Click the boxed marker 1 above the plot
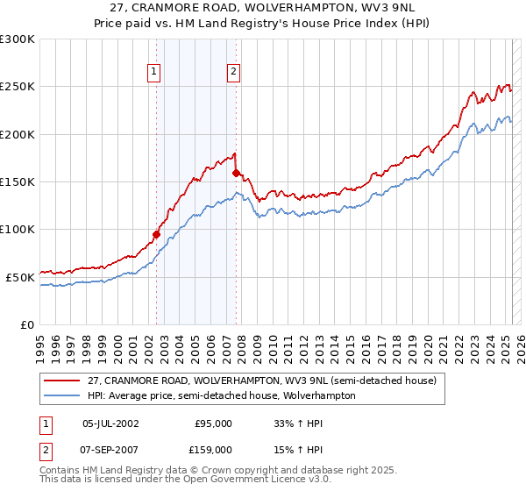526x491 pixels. pos(154,73)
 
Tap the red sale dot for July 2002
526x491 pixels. pos(156,234)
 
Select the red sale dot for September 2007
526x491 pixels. pos(236,173)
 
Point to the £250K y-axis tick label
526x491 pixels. pos(18,87)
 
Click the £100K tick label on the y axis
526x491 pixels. pos(18,229)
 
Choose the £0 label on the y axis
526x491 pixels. pos(26,324)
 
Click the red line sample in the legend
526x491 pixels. pos(64,381)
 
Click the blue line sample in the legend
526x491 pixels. pos(64,395)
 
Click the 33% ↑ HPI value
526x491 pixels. pos(285,423)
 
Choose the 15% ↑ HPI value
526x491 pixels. pos(285,450)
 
